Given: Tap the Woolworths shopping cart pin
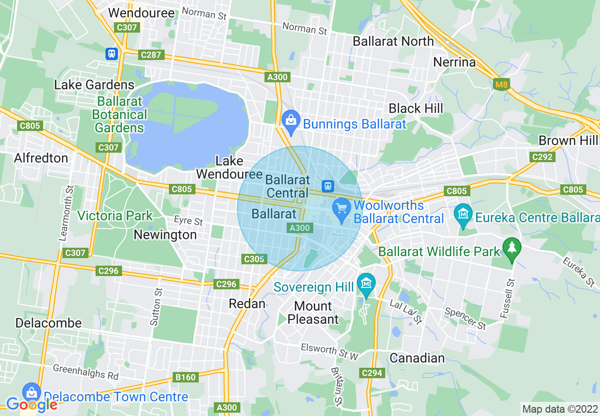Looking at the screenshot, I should (x=341, y=208).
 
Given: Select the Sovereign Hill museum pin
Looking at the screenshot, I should (x=366, y=284).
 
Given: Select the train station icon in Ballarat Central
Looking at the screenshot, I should (x=326, y=186).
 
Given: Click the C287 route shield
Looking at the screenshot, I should (x=151, y=55).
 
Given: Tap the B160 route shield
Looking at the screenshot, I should (x=185, y=377).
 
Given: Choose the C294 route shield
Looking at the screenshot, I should (x=371, y=373).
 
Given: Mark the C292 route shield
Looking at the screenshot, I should (x=542, y=157).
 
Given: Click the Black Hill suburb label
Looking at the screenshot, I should (x=415, y=109).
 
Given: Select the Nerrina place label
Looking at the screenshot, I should (x=454, y=62).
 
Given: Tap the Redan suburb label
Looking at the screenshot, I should (x=247, y=303).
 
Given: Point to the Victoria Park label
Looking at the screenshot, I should (x=115, y=216).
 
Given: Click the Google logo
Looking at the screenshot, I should (x=31, y=405).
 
